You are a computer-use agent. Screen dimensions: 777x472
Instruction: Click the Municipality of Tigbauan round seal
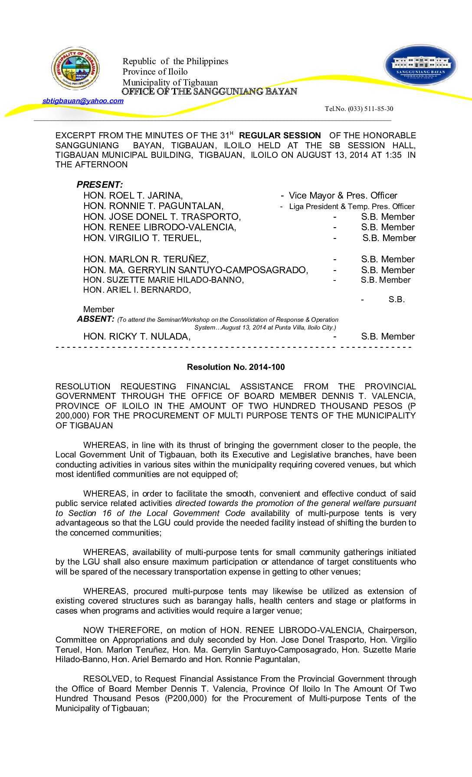(x=76, y=69)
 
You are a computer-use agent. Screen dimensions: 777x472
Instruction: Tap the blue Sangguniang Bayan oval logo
(x=420, y=65)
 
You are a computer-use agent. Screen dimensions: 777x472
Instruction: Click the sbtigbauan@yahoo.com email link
(x=83, y=101)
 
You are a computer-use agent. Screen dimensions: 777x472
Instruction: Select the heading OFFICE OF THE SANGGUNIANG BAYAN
(x=209, y=91)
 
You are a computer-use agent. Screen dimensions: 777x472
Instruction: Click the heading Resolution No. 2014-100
(x=236, y=367)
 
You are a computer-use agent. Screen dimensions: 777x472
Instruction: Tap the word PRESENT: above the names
(x=100, y=185)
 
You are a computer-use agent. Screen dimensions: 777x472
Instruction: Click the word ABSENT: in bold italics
(x=95, y=319)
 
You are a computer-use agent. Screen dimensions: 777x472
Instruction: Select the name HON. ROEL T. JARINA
(x=133, y=196)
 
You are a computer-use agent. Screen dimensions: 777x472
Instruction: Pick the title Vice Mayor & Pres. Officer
(x=343, y=196)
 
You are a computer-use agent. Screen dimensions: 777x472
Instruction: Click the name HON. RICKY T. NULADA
(x=137, y=336)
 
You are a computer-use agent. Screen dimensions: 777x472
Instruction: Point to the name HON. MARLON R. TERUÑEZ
(x=146, y=259)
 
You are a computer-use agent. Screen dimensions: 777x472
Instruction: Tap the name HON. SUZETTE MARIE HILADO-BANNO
(x=163, y=280)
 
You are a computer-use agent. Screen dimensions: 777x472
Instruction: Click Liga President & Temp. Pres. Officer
(x=351, y=206)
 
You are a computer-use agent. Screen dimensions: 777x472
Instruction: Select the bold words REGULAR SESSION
(x=280, y=136)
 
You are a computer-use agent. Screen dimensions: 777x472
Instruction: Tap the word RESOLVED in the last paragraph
(x=106, y=679)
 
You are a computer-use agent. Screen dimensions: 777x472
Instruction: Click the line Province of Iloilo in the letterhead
(x=155, y=72)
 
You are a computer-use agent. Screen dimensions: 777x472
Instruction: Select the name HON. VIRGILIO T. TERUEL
(x=142, y=238)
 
